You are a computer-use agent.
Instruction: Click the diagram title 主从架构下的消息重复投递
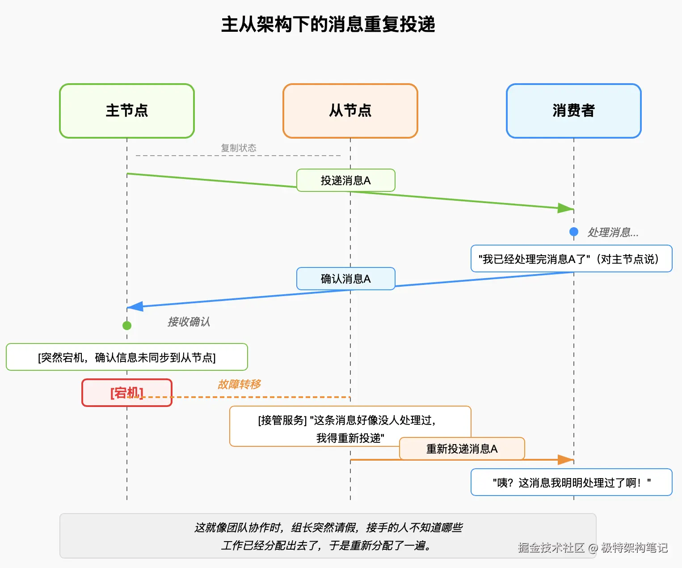point(328,25)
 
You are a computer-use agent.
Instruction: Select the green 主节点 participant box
point(127,110)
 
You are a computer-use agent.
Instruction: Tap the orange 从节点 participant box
point(350,110)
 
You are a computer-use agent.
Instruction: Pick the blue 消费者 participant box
point(574,110)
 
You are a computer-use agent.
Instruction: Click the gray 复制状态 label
point(239,148)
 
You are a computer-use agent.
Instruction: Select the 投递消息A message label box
point(346,180)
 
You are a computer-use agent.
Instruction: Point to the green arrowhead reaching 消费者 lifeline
point(566,208)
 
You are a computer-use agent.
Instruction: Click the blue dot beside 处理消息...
point(574,232)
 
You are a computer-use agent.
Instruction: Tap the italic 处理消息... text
point(613,233)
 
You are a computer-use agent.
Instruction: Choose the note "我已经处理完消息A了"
point(571,259)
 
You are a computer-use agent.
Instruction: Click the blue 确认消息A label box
point(346,279)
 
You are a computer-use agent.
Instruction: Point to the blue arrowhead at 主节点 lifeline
point(135,306)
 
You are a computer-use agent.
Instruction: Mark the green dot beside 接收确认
point(127,326)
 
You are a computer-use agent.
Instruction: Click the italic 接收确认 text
point(189,322)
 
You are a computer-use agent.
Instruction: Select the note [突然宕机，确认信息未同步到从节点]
point(127,357)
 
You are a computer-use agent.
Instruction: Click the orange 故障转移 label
point(239,385)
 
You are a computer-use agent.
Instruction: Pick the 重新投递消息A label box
point(462,449)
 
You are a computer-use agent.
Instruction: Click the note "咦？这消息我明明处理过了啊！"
point(571,482)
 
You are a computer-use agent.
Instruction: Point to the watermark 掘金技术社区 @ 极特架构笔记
point(593,548)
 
